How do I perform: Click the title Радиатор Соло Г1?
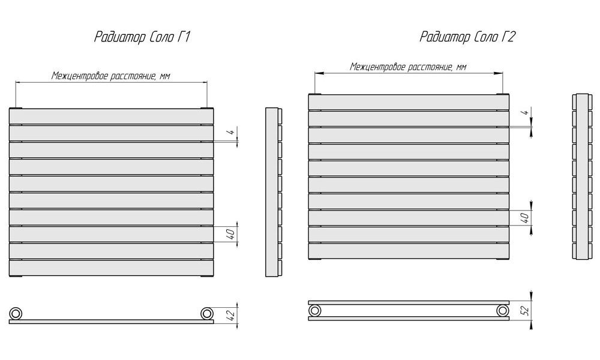(142, 37)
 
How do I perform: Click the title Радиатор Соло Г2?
(467, 37)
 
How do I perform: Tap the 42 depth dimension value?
(230, 314)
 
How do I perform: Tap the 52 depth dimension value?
(526, 310)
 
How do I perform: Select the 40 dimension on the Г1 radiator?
(231, 234)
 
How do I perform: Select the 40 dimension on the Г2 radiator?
(526, 218)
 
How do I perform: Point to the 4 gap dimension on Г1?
(231, 132)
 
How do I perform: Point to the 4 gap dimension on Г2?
(526, 112)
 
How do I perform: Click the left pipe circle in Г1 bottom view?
(16, 313)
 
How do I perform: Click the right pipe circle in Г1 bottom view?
(206, 313)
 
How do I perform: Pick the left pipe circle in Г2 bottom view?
(315, 310)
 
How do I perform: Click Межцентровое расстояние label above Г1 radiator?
(111, 76)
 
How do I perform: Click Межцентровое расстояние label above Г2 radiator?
(408, 67)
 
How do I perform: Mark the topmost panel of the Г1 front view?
(112, 116)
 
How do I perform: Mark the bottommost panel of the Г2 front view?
(409, 251)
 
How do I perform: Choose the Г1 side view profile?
(274, 192)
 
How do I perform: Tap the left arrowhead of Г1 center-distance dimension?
(18, 82)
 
